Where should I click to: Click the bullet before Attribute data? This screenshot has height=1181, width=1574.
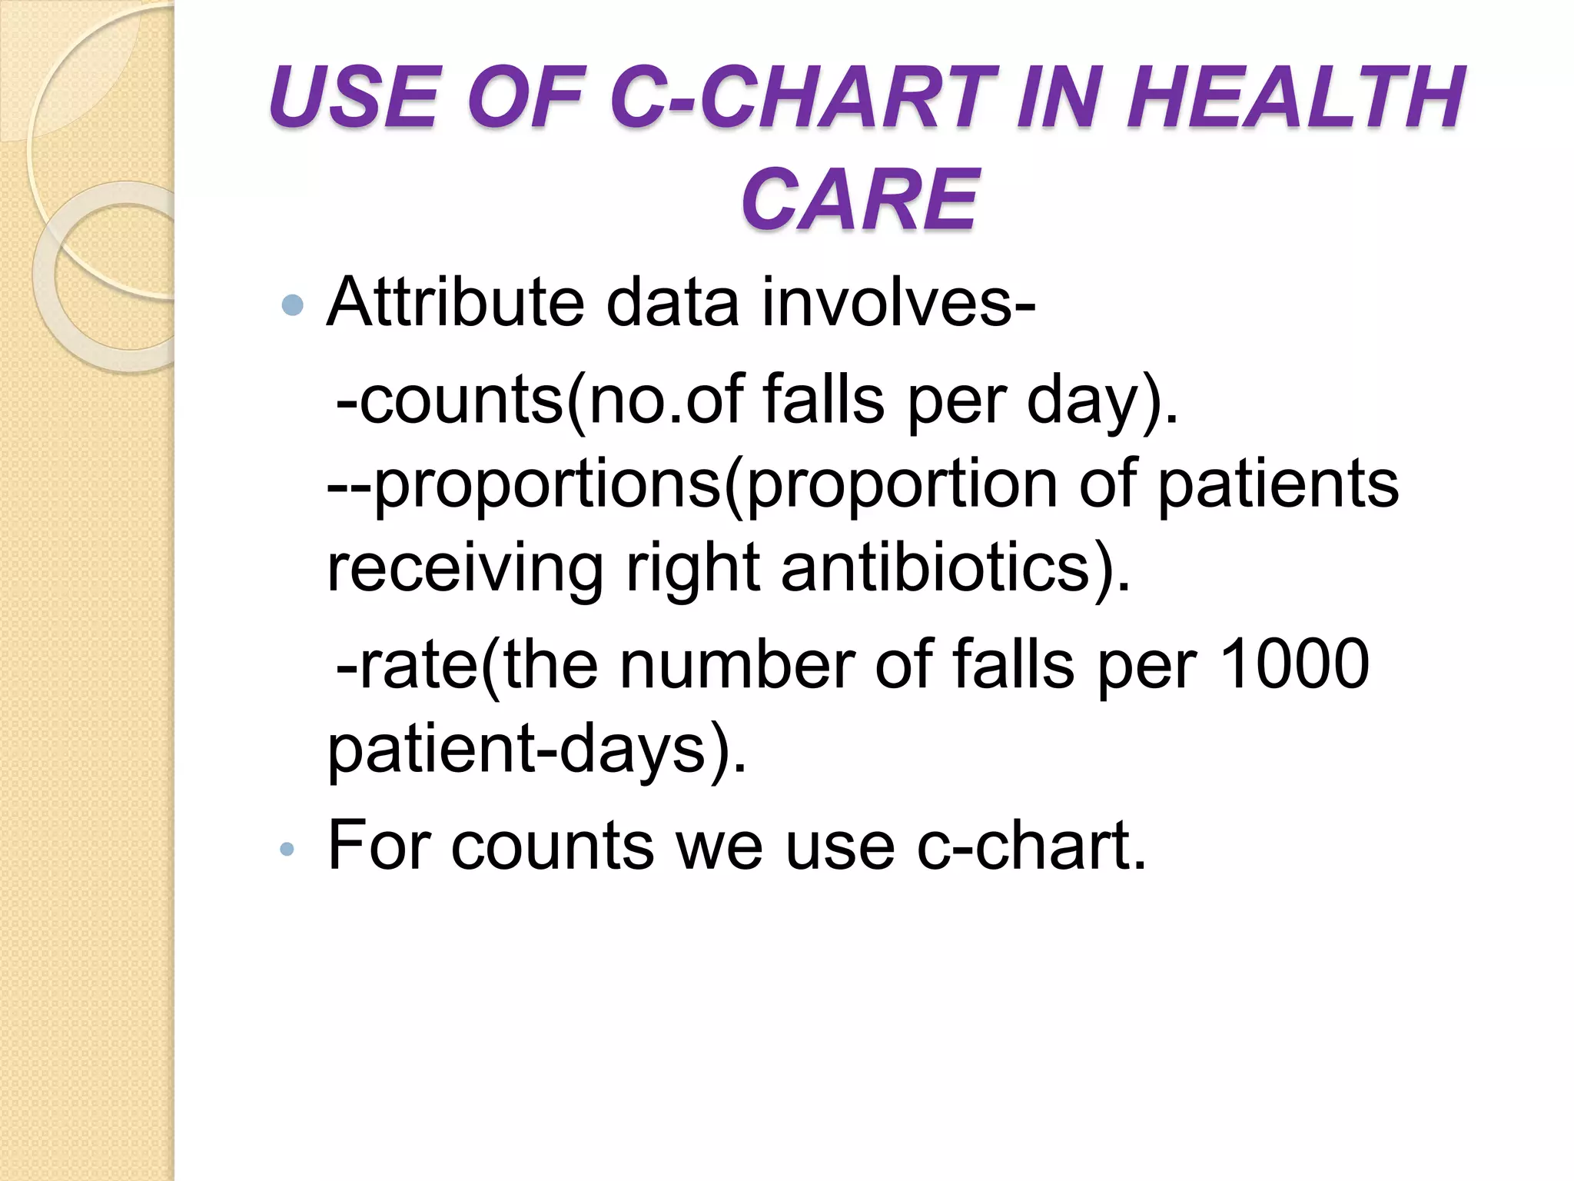coord(293,305)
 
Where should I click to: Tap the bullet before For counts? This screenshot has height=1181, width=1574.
coord(287,849)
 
